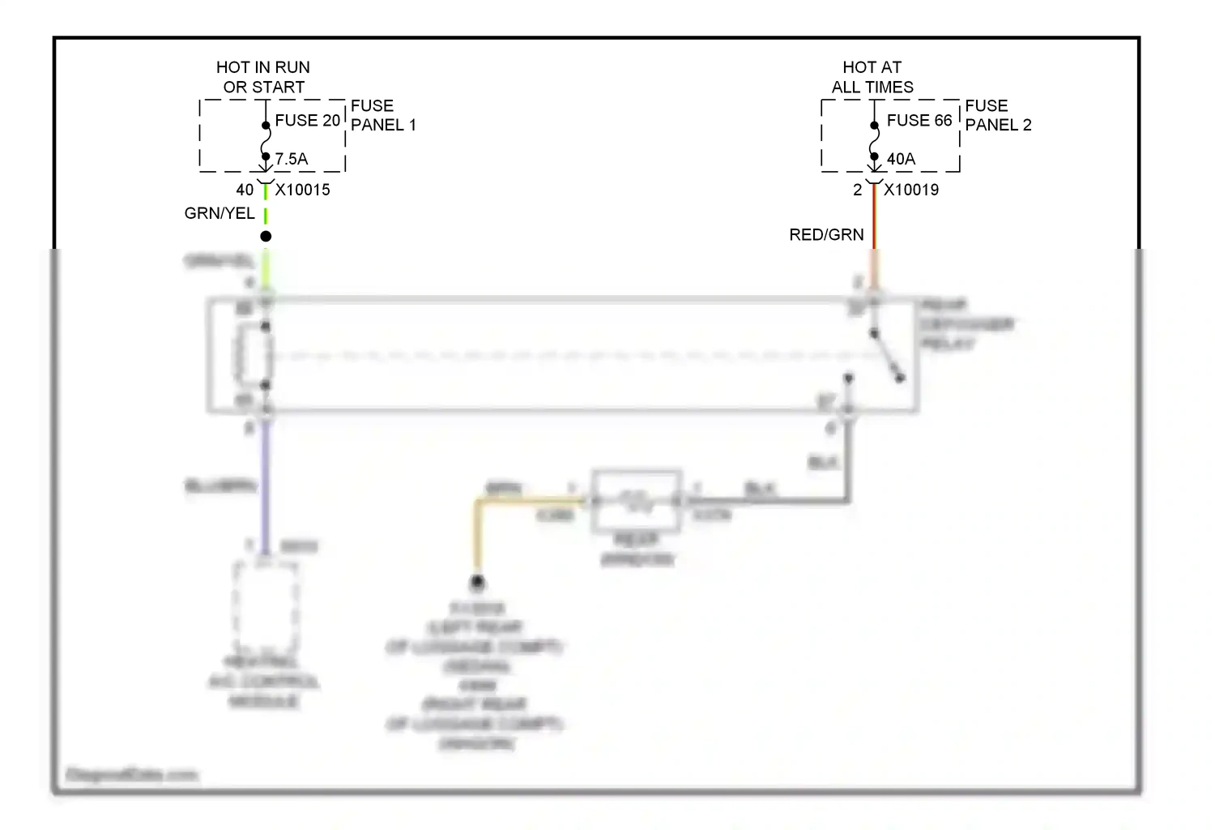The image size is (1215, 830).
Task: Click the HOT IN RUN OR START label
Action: coord(263,77)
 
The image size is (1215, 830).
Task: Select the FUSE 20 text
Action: coord(307,120)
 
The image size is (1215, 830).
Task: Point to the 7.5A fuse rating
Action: coord(292,159)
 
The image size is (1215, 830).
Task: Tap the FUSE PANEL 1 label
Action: coord(382,115)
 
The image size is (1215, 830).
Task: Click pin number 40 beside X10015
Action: coord(245,190)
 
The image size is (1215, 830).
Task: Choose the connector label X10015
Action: coord(303,190)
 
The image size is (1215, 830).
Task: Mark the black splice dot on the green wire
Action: coord(266,236)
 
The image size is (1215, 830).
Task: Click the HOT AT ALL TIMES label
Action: coord(872,77)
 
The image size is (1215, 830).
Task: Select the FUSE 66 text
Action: coord(919,120)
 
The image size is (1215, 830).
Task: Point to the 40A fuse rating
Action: coord(901,159)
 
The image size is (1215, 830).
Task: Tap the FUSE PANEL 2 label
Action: coord(998,115)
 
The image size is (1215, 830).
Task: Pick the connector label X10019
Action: coord(911,190)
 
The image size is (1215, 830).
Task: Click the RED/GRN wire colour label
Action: coord(826,234)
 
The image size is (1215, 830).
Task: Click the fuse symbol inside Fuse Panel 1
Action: coord(266,141)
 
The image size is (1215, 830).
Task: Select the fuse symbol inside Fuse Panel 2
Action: coord(874,141)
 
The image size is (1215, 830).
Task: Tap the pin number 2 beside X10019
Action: coord(857,190)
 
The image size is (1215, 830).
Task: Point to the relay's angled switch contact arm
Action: coord(887,356)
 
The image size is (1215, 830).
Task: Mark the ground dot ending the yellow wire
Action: coord(478,581)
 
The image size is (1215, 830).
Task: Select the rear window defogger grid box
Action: coord(637,501)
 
